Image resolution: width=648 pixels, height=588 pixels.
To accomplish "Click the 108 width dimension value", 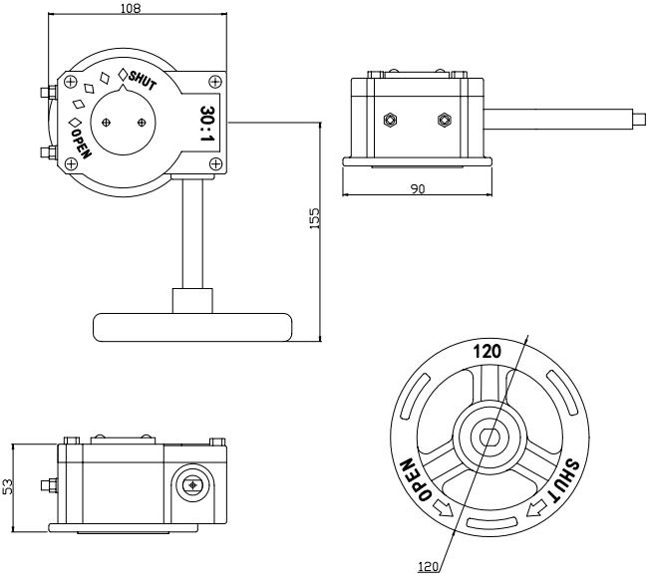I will [130, 9].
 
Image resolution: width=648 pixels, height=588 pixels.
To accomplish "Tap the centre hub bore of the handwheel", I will [487, 436].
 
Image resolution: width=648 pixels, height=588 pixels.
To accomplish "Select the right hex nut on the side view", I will [444, 120].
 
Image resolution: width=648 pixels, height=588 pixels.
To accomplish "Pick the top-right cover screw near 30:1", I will [215, 80].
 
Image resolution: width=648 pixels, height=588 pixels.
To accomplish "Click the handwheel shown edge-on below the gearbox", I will [192, 324].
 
